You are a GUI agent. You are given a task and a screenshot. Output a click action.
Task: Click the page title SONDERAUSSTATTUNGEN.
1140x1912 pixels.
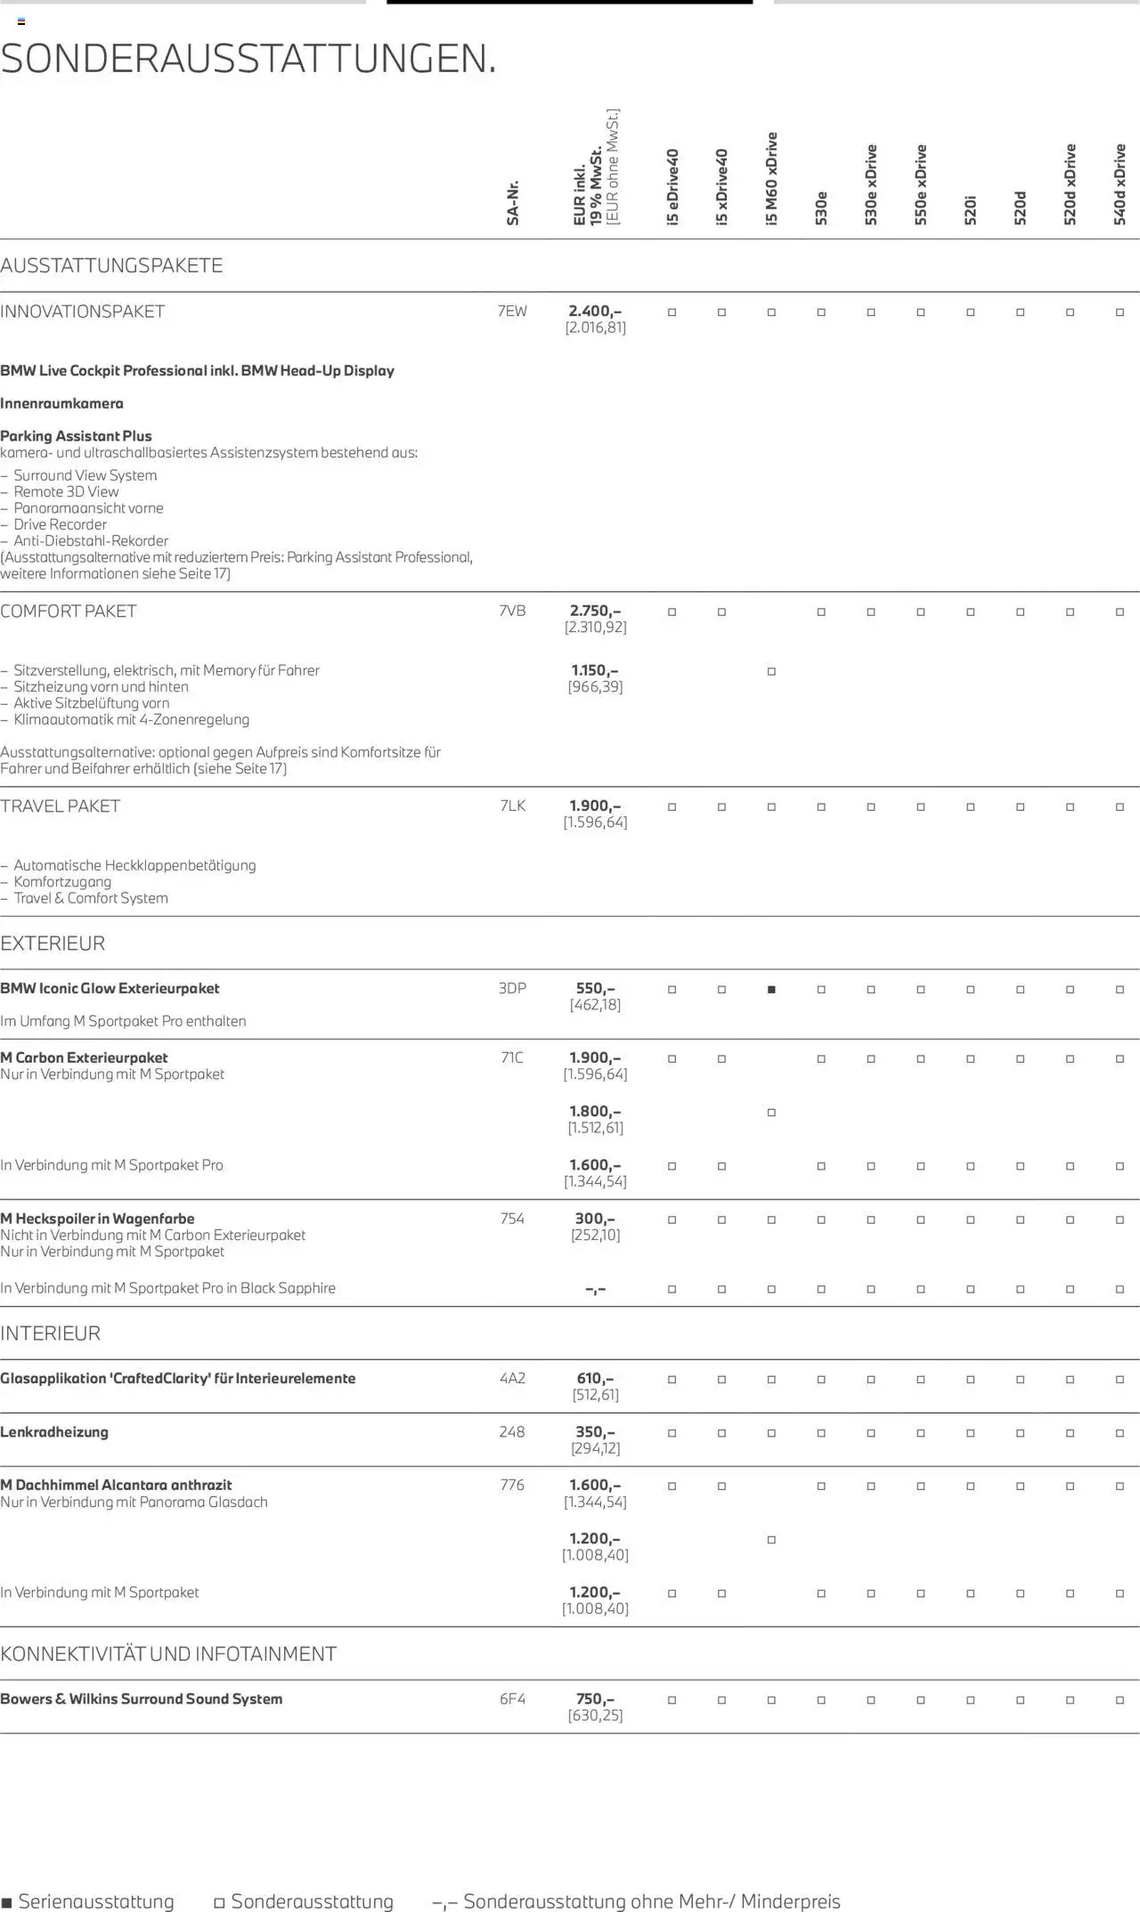(248, 60)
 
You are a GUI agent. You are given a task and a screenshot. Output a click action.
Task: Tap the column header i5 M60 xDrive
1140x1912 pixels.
(772, 178)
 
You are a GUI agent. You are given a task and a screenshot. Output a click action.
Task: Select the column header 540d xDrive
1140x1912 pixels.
(1120, 183)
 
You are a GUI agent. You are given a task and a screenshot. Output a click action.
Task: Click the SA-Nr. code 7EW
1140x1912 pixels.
(512, 312)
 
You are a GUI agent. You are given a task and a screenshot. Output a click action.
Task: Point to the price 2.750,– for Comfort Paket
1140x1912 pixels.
(595, 612)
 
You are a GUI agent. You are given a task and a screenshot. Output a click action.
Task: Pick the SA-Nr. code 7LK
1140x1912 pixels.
(513, 806)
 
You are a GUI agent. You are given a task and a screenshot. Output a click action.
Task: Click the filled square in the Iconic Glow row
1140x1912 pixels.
(771, 990)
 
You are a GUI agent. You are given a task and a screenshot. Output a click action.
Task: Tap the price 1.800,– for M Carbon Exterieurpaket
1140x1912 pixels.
(595, 1112)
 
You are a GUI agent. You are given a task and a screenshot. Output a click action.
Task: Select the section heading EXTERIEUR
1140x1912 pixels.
(53, 944)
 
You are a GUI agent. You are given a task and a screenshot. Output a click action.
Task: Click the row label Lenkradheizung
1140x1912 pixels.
(54, 1432)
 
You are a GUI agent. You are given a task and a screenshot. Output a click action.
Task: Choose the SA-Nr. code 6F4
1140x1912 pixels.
(512, 1699)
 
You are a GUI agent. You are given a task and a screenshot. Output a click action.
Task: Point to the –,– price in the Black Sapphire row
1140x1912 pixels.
(595, 1289)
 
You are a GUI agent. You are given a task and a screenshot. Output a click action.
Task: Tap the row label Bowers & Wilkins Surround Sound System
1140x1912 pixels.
(142, 1699)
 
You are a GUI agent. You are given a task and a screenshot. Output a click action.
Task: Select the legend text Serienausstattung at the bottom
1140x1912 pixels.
(96, 1901)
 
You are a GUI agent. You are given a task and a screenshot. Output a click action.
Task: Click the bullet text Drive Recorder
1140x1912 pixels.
(60, 525)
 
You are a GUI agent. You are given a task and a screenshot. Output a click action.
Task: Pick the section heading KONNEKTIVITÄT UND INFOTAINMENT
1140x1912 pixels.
(168, 1654)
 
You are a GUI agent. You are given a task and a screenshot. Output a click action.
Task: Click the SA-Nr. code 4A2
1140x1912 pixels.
(512, 1379)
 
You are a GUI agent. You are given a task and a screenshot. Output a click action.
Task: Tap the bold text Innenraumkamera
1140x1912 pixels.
(61, 404)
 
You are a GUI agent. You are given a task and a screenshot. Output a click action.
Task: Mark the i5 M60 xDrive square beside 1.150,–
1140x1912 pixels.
(771, 672)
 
